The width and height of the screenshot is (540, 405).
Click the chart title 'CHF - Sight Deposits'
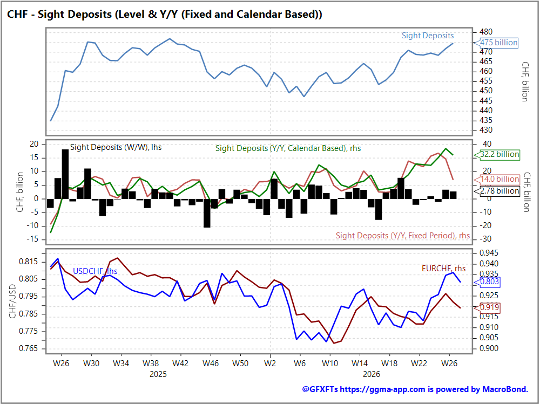click(x=59, y=14)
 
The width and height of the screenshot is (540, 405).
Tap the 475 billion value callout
click(x=496, y=43)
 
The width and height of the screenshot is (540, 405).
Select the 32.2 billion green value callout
click(x=497, y=154)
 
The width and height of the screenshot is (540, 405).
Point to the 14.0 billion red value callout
click(x=497, y=179)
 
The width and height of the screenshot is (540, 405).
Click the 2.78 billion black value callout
click(x=497, y=191)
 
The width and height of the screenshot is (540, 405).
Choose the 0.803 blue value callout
click(x=487, y=282)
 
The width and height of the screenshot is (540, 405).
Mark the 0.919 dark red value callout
click(x=487, y=307)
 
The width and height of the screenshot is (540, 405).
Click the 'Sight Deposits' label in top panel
click(x=428, y=36)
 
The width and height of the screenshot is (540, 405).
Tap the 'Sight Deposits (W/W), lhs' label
click(x=116, y=147)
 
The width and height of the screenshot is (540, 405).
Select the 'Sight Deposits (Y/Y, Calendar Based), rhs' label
click(x=288, y=148)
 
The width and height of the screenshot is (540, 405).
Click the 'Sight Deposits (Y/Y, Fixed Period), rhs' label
click(x=403, y=236)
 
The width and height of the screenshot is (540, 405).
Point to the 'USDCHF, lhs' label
click(x=95, y=271)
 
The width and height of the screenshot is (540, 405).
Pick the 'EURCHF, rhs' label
click(x=443, y=269)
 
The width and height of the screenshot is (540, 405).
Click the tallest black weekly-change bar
click(x=65, y=174)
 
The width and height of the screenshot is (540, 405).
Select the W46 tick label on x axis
click(x=211, y=363)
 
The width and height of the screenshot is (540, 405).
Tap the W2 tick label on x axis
click(x=270, y=363)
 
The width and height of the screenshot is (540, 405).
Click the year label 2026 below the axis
click(x=372, y=374)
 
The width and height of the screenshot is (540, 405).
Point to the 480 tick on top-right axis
click(x=486, y=32)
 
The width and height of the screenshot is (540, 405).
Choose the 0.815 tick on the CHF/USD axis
click(x=28, y=262)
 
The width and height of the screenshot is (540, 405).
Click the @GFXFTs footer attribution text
click(x=415, y=389)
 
